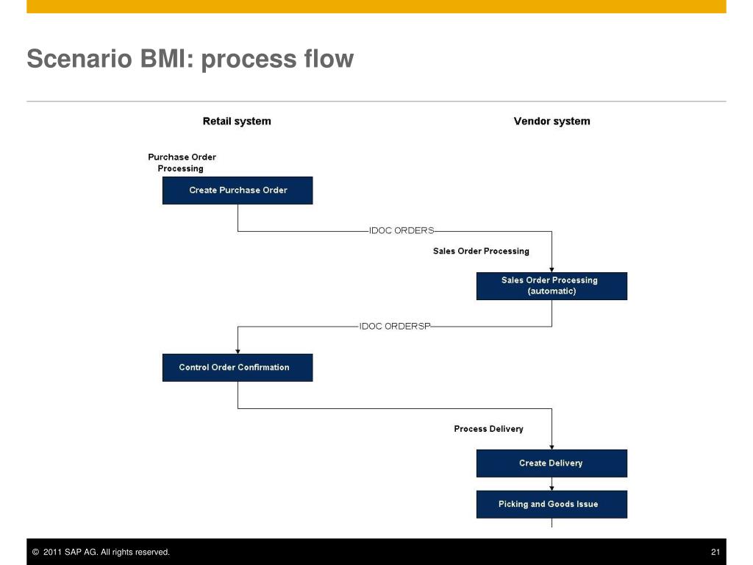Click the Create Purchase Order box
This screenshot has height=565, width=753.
point(238,191)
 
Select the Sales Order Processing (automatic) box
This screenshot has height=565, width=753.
point(552,286)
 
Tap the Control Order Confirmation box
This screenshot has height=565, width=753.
point(238,368)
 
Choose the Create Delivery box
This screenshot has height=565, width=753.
point(552,463)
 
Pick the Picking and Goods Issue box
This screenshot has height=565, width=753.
point(552,504)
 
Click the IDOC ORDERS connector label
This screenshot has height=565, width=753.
point(402,230)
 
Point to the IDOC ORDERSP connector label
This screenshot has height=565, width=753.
point(395,326)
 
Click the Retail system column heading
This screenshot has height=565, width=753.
point(237,121)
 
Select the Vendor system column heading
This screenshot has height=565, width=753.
point(552,121)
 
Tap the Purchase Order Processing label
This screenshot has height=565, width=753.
point(182,163)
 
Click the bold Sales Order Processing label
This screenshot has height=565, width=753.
point(481,252)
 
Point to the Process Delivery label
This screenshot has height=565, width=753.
point(488,429)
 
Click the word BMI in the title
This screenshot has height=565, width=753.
point(166,59)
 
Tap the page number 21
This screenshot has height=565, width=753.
point(715,552)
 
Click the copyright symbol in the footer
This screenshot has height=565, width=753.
point(35,552)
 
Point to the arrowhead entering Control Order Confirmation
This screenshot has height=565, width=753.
point(238,352)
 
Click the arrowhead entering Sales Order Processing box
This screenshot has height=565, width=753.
point(552,270)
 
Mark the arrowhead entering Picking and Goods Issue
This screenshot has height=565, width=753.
point(552,488)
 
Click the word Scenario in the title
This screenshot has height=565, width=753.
point(79,59)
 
